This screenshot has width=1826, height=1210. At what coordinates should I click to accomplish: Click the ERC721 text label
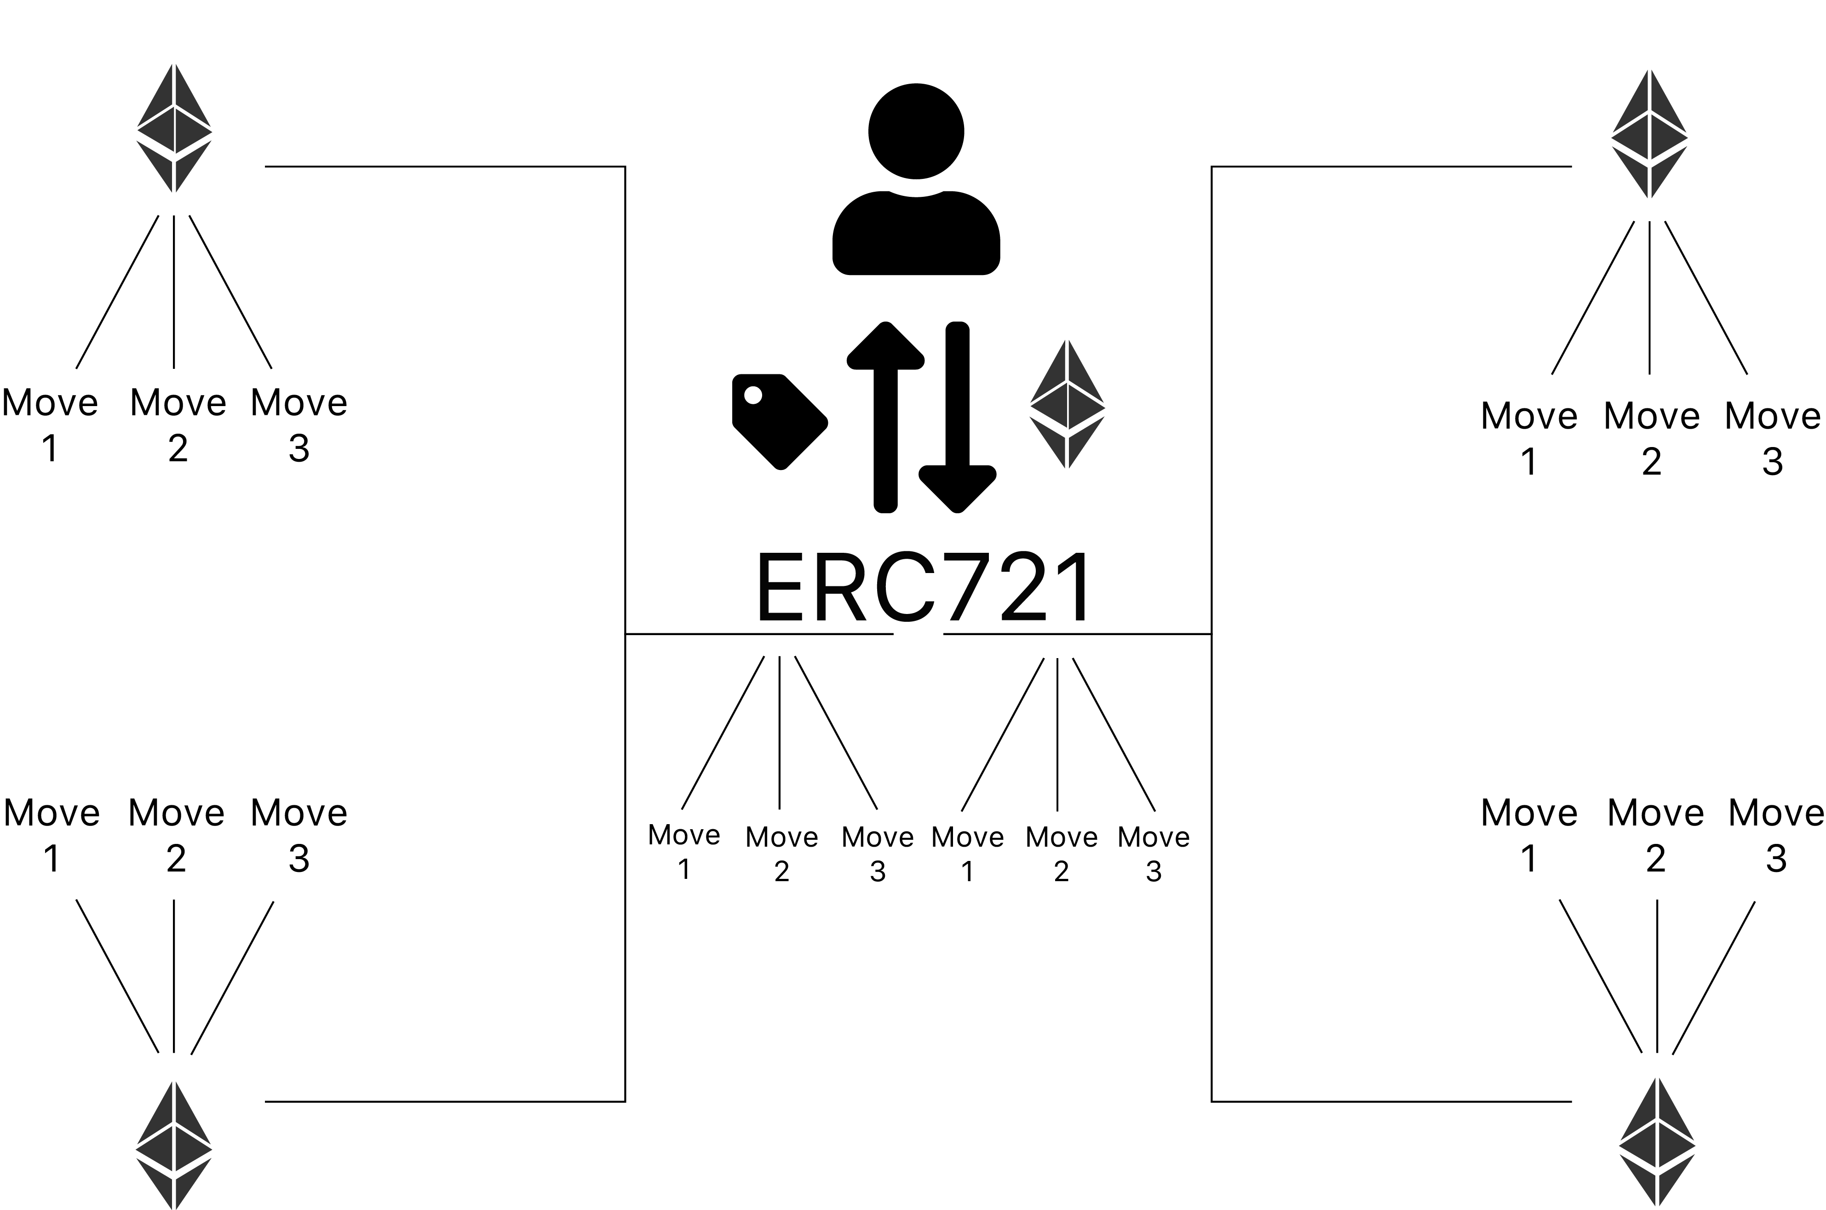pyautogui.click(x=924, y=588)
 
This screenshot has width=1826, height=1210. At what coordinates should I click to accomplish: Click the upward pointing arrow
pyautogui.click(x=885, y=417)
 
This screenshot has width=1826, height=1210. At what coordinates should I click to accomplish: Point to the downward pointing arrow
pyautogui.click(x=957, y=417)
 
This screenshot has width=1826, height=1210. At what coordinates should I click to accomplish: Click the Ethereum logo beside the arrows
pyautogui.click(x=1067, y=404)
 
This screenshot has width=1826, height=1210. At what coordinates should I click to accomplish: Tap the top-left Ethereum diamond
pyautogui.click(x=174, y=128)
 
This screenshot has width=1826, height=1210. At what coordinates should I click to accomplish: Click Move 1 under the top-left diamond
pyautogui.click(x=50, y=424)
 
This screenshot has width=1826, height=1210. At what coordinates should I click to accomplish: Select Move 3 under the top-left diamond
pyautogui.click(x=299, y=424)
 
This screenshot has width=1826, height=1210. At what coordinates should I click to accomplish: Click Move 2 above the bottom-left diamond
pyautogui.click(x=176, y=835)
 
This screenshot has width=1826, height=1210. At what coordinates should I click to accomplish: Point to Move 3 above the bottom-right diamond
pyautogui.click(x=1776, y=835)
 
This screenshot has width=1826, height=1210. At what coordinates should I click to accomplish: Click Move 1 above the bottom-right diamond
pyautogui.click(x=1529, y=835)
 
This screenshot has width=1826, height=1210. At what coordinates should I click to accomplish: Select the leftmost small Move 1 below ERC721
pyautogui.click(x=684, y=852)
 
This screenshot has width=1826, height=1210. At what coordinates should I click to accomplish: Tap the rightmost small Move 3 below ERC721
pyautogui.click(x=1154, y=854)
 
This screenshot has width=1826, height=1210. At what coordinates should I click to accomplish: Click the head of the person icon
pyautogui.click(x=916, y=131)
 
